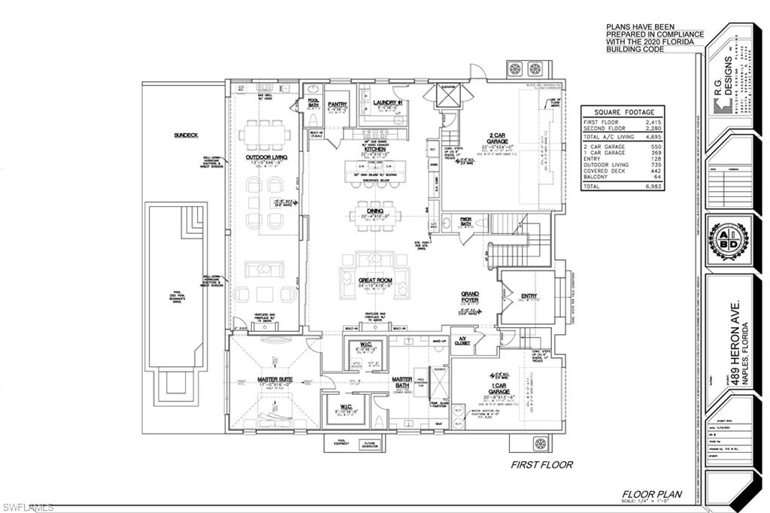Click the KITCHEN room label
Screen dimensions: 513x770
pyautogui.click(x=375, y=150)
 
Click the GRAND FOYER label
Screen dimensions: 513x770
pyautogui.click(x=471, y=295)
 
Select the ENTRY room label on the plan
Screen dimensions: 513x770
pyautogui.click(x=529, y=296)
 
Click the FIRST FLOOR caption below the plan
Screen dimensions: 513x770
pyautogui.click(x=541, y=465)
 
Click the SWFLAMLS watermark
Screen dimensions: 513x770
pyautogui.click(x=29, y=508)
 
